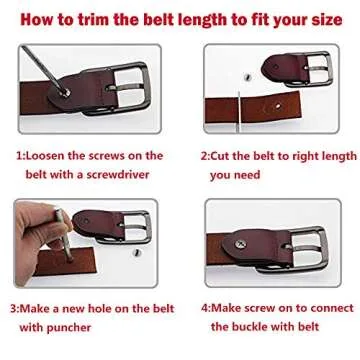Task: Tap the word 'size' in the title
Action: (x=322, y=19)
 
